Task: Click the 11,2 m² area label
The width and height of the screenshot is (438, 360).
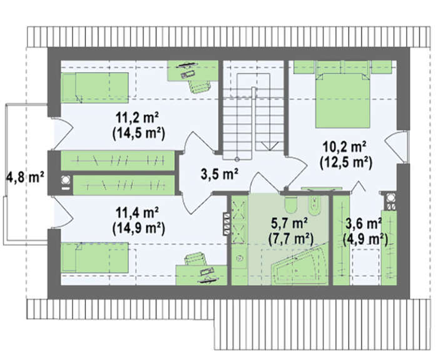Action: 137,118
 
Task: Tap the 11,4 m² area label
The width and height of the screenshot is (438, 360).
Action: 137,214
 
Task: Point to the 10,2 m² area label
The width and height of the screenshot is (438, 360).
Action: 345,147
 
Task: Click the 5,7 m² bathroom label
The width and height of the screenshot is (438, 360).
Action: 289,224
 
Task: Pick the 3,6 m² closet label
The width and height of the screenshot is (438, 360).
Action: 364,224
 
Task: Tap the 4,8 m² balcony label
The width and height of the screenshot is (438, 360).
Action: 25,177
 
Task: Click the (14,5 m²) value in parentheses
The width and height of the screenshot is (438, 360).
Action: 138,133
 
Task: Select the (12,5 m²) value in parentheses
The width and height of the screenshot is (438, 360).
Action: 345,163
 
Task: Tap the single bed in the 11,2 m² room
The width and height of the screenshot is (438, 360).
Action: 94,88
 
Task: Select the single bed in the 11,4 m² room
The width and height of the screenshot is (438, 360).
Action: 94,257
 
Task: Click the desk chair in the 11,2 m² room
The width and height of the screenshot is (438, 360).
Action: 199,85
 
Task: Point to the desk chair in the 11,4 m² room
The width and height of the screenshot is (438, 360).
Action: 196,259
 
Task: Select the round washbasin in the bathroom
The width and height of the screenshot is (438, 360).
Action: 239,258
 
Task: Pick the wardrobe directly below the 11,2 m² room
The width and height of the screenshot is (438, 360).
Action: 118,160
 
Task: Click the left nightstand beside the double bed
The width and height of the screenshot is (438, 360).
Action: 304,67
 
